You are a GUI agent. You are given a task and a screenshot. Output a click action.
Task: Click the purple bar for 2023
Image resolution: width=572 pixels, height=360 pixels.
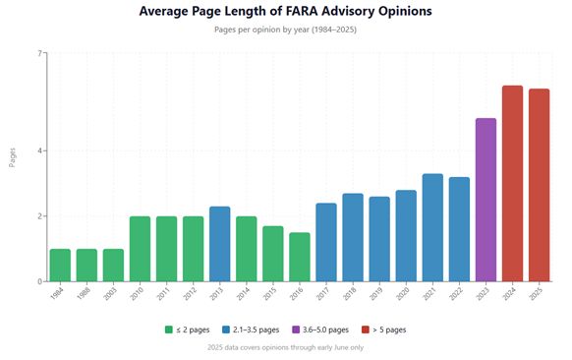tap(486, 200)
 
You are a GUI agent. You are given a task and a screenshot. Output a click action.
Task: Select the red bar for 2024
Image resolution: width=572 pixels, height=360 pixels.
tap(512, 184)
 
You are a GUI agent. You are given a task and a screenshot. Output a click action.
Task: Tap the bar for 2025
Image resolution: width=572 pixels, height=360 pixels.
tap(540, 185)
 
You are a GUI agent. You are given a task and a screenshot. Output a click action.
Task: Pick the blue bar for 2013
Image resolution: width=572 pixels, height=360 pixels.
tap(219, 244)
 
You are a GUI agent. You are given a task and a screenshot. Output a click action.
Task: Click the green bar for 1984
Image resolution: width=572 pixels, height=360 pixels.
tap(60, 265)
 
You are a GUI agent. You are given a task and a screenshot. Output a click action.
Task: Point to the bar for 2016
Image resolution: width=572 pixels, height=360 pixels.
tap(300, 257)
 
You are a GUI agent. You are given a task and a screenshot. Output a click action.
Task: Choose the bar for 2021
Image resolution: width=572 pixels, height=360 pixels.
tap(432, 227)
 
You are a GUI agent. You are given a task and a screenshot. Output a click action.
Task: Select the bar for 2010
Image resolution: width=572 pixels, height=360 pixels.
tap(141, 249)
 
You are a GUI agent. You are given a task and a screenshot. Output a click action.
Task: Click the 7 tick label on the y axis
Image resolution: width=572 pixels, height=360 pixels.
tap(39, 53)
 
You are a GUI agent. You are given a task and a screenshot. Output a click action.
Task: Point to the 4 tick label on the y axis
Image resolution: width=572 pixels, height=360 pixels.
tap(39, 150)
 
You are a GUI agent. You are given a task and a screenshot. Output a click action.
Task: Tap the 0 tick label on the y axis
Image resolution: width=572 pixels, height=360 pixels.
tap(39, 281)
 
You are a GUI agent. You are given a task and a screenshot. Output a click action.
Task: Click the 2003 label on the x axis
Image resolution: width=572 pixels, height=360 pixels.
tap(110, 293)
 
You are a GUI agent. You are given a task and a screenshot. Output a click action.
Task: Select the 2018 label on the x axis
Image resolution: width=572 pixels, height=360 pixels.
tap(350, 293)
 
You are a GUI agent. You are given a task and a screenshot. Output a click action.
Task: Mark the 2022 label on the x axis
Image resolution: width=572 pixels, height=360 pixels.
tap(456, 293)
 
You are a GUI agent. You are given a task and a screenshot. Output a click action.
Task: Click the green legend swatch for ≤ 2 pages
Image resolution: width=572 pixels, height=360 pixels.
tap(168, 330)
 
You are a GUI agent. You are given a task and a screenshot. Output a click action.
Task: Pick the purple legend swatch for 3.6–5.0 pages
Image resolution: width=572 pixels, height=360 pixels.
tap(296, 330)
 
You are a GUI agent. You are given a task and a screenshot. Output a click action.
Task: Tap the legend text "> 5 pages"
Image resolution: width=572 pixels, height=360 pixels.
tap(389, 330)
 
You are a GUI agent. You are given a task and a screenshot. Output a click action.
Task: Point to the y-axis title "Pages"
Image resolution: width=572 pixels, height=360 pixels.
tap(13, 157)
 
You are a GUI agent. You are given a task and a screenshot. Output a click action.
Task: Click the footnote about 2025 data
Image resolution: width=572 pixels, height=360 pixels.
tap(286, 347)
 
